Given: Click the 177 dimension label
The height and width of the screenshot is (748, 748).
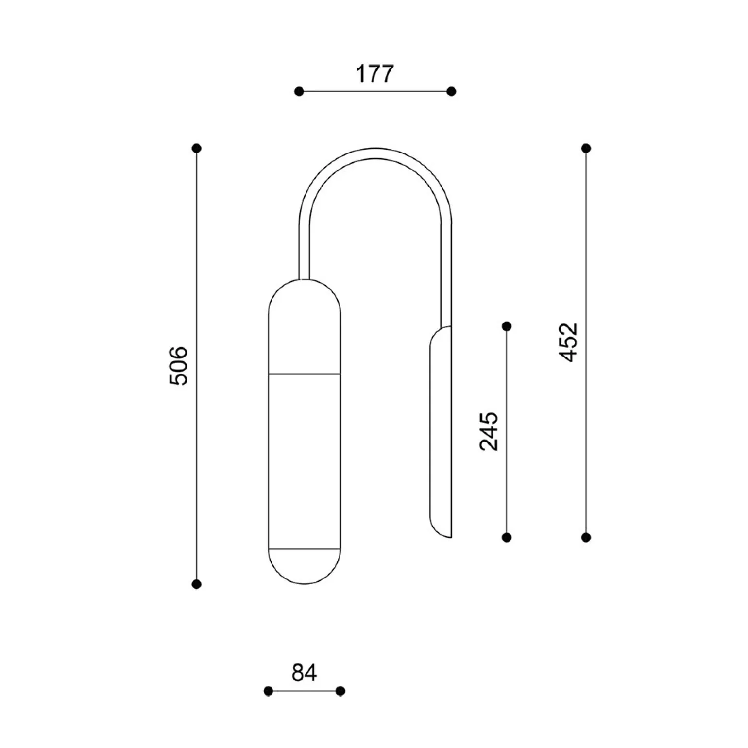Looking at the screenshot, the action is click(374, 74).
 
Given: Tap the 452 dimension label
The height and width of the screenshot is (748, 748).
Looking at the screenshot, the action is click(569, 342).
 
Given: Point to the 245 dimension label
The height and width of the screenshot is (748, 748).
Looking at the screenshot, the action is click(489, 431).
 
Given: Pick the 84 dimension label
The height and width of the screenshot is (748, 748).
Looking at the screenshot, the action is click(305, 673).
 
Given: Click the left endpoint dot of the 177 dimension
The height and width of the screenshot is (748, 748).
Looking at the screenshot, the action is click(299, 91).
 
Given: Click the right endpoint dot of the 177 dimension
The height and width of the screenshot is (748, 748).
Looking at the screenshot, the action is click(451, 91).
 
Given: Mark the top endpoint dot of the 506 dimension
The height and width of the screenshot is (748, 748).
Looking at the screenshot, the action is click(197, 148).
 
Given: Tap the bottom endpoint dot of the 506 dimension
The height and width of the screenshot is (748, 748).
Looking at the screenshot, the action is click(197, 584).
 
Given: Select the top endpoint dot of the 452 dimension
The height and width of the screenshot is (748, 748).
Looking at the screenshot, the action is click(586, 148).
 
